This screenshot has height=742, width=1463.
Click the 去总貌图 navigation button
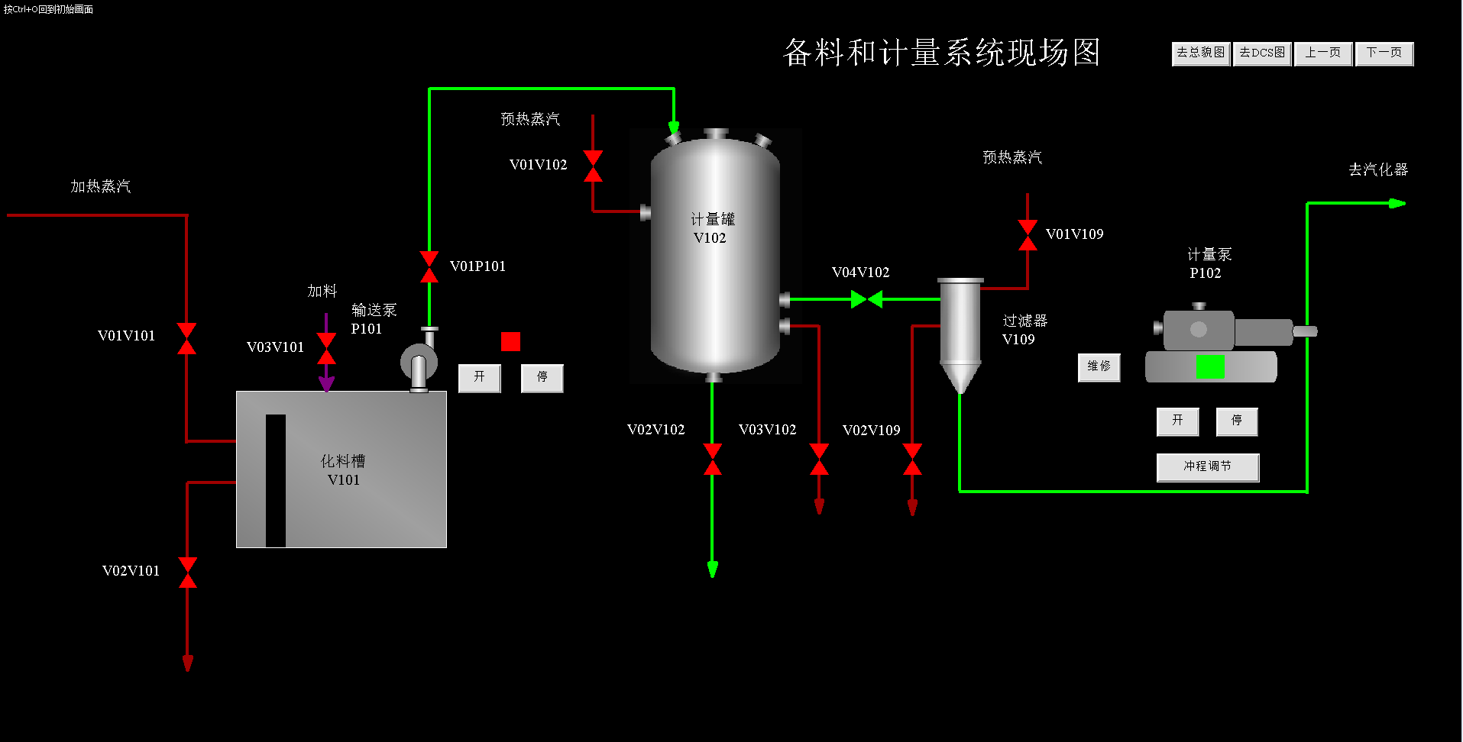tap(1200, 53)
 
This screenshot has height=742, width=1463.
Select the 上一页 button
tap(1322, 53)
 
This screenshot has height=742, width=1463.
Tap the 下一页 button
tap(1384, 53)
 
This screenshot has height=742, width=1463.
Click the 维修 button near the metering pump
tap(1099, 367)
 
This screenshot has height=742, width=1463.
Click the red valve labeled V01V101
tap(186, 338)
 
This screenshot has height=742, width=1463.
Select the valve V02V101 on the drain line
tap(187, 573)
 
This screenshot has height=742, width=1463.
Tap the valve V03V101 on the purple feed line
tap(326, 349)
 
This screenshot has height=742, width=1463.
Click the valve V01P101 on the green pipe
tap(429, 266)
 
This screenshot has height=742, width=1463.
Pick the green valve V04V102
tap(866, 299)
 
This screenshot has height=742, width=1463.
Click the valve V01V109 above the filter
tap(1028, 235)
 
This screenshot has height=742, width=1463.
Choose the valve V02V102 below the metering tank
tap(712, 459)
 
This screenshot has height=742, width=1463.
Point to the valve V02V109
tap(912, 459)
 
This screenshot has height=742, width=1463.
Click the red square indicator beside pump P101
tap(510, 341)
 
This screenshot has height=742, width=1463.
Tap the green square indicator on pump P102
tap(1209, 367)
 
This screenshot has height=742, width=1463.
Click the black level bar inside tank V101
tap(275, 480)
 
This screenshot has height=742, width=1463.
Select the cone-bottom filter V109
tap(960, 333)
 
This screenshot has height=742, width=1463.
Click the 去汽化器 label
tap(1377, 169)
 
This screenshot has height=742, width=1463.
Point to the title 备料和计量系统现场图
tap(941, 53)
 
